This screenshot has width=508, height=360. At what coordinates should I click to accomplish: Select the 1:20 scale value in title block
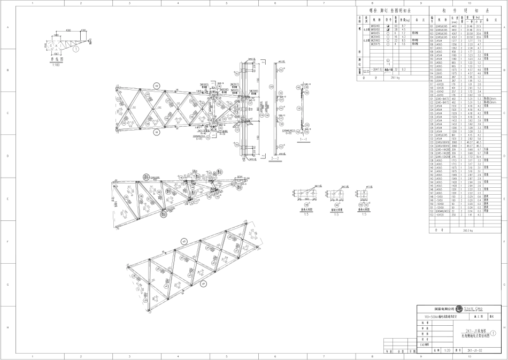tap(445, 351)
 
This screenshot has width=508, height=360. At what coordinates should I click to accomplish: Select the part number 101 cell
tap(431, 44)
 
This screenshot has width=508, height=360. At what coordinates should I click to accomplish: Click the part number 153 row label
tap(431, 214)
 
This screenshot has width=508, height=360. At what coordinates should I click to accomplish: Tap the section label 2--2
tap(276, 159)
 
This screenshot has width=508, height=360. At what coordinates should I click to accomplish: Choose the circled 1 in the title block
tap(494, 333)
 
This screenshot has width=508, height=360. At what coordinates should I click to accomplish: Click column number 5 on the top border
tap(227, 3)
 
